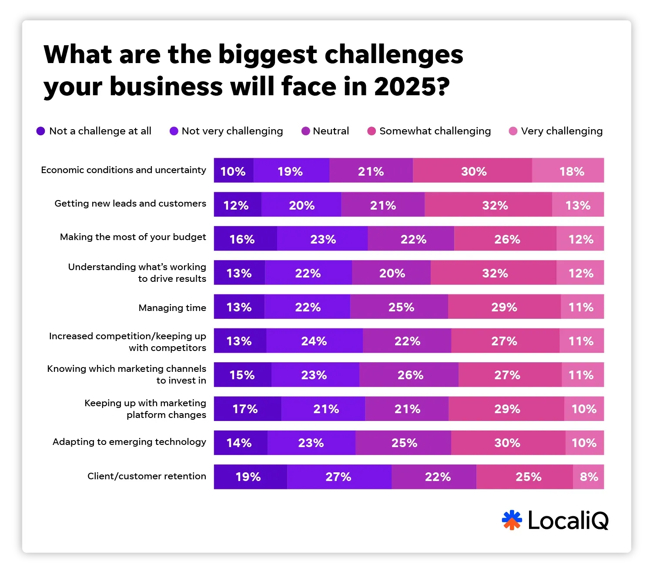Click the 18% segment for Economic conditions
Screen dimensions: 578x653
click(x=568, y=170)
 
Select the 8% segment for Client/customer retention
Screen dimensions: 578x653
click(x=588, y=477)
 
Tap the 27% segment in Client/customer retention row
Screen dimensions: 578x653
click(x=339, y=477)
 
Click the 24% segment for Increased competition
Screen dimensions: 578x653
click(x=314, y=341)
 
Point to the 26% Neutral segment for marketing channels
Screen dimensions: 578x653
click(x=409, y=375)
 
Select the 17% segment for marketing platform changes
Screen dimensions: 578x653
click(x=247, y=409)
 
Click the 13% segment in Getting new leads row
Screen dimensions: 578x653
click(x=578, y=205)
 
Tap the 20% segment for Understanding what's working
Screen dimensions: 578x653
click(x=391, y=273)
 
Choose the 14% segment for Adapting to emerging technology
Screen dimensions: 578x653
click(x=241, y=443)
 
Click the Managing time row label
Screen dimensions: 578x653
click(x=172, y=308)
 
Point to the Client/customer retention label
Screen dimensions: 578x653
click(x=147, y=476)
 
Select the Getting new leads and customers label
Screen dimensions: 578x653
click(x=130, y=204)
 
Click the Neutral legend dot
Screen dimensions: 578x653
click(x=306, y=131)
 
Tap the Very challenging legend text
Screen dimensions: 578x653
click(x=562, y=131)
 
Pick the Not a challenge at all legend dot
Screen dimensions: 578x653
click(x=41, y=131)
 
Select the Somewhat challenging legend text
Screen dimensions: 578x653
click(x=435, y=131)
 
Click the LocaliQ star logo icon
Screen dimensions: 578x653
click(x=512, y=520)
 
